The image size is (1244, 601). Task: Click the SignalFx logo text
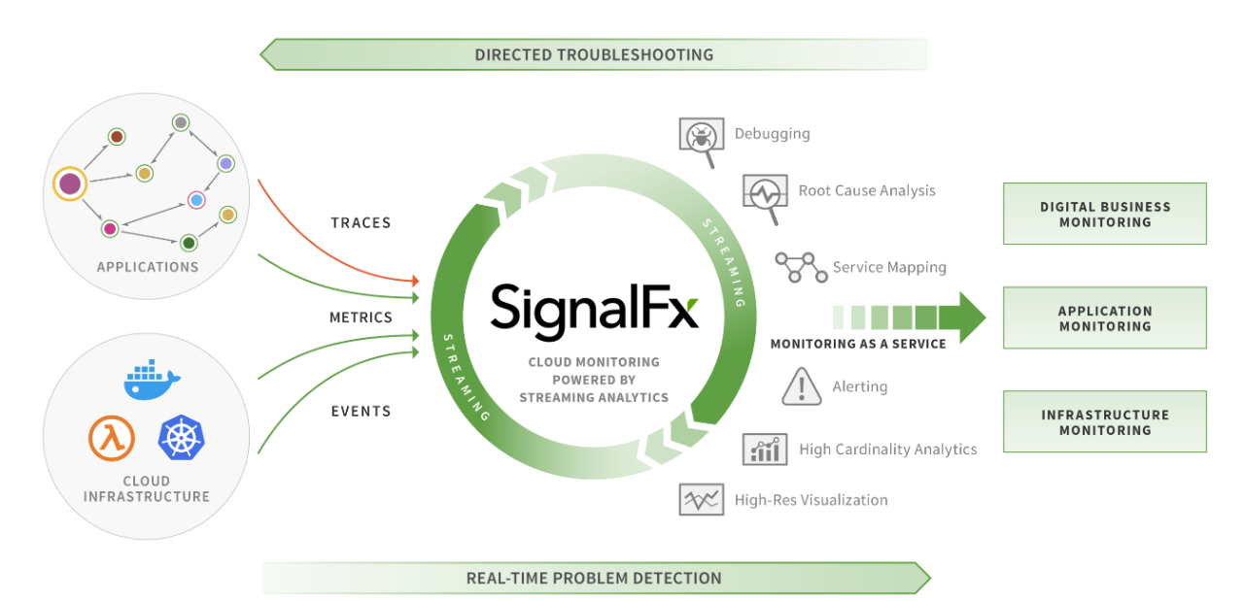[594, 308]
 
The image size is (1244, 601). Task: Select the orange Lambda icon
[112, 438]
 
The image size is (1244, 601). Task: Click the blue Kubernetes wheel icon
[182, 438]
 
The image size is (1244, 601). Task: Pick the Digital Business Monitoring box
[1104, 214]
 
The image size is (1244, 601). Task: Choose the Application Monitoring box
[1104, 318]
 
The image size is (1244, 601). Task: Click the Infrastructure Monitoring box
[1104, 422]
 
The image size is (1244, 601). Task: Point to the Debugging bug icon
[701, 138]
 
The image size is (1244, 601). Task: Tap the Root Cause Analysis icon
[764, 195]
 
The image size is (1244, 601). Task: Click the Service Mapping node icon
[800, 267]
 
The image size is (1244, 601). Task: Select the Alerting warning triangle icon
[802, 386]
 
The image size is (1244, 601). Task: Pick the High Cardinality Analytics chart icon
[765, 449]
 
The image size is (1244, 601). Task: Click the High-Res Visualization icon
[701, 500]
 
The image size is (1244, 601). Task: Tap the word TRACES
[361, 222]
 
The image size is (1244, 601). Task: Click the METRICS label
[361, 317]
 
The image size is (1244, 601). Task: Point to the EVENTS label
[361, 411]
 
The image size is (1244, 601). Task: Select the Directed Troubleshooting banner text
[594, 54]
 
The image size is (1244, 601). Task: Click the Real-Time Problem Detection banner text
[594, 579]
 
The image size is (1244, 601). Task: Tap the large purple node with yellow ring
[70, 184]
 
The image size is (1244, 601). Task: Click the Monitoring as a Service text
[858, 344]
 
